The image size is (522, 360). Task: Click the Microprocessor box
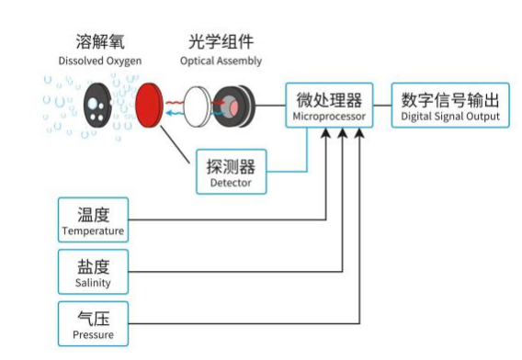[329, 107]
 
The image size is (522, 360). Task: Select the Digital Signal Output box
[449, 107]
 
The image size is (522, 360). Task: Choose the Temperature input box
[93, 220]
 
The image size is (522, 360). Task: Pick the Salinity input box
[93, 273]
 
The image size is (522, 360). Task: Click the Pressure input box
[93, 325]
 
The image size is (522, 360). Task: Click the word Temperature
[93, 231]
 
